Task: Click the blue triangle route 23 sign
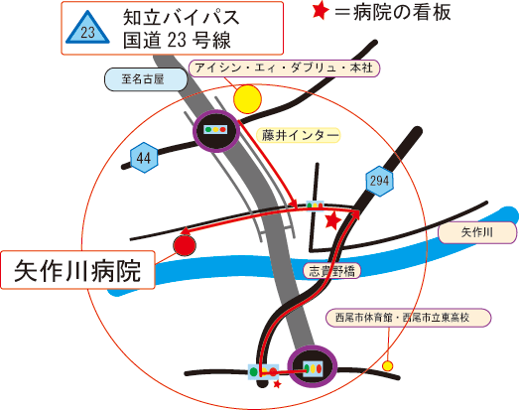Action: (x=87, y=29)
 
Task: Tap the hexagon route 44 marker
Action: (x=144, y=158)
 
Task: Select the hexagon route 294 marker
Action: (x=379, y=181)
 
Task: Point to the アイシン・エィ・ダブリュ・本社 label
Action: (x=284, y=68)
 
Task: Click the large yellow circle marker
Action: (x=247, y=99)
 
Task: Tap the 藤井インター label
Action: (x=299, y=135)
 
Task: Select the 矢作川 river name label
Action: (x=477, y=232)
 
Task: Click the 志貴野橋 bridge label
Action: (x=332, y=271)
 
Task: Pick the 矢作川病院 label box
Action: (x=77, y=270)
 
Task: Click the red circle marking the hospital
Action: (x=185, y=245)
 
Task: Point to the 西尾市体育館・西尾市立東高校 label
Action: (x=409, y=318)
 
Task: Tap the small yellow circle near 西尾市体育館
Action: (x=388, y=366)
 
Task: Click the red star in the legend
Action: (x=321, y=11)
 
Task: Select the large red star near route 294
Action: (x=332, y=220)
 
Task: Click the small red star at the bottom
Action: (x=278, y=384)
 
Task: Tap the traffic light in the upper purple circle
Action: (x=215, y=129)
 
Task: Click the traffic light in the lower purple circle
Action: (x=313, y=368)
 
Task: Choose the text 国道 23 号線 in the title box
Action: (x=177, y=41)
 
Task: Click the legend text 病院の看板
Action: (x=402, y=13)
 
